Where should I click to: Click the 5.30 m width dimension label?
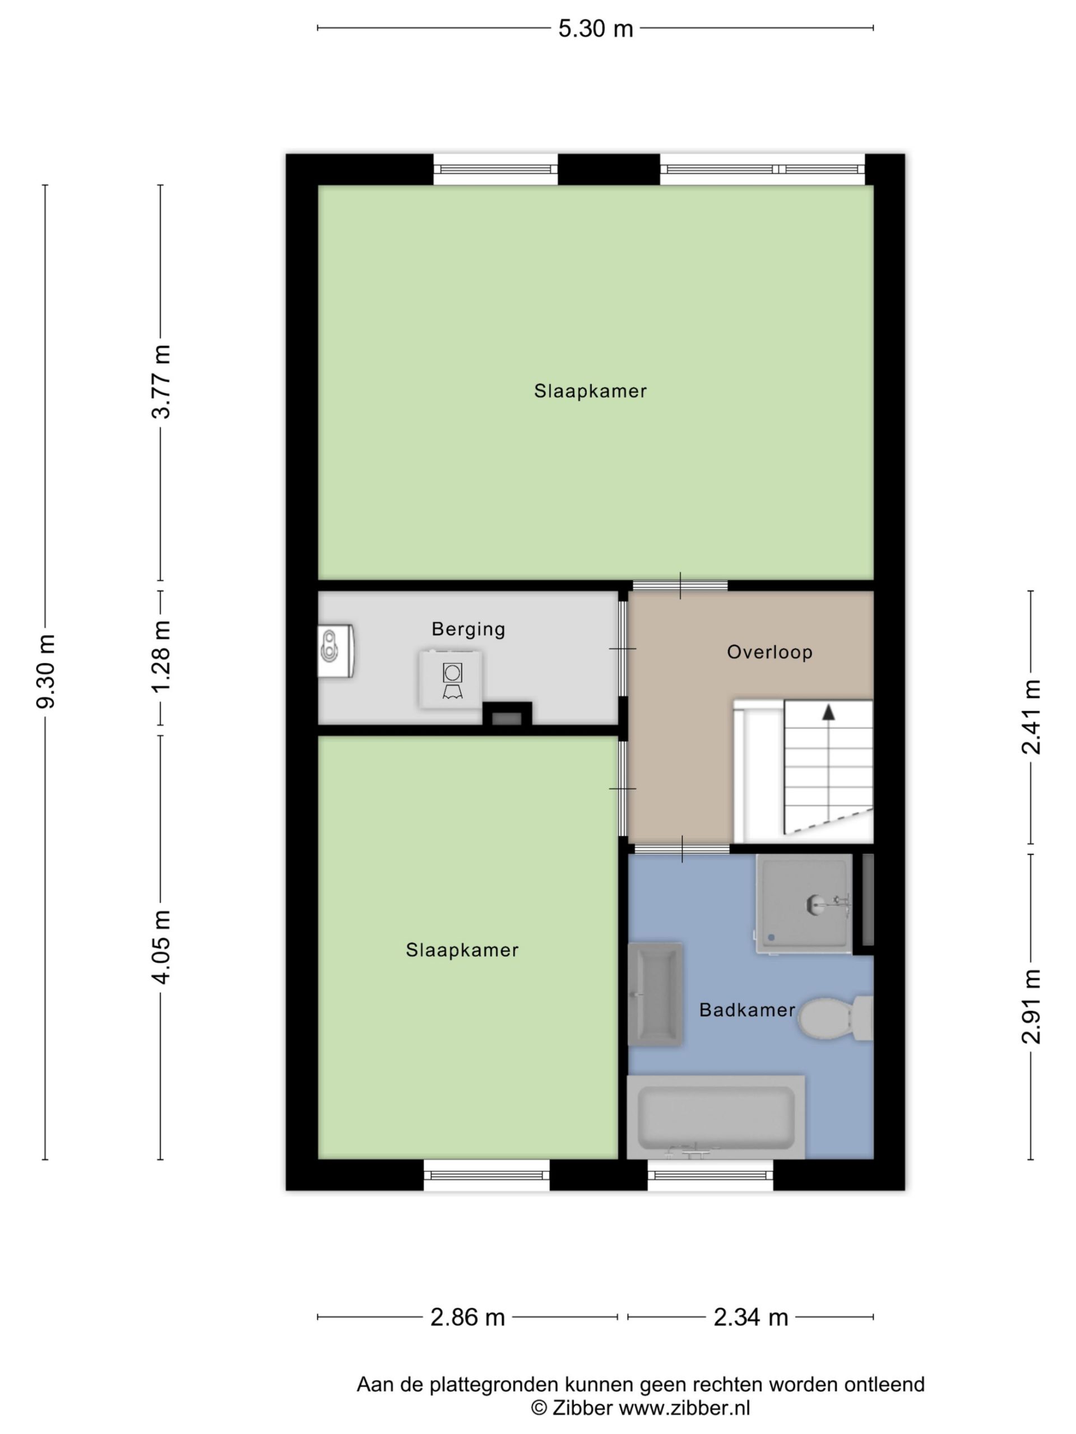click(595, 29)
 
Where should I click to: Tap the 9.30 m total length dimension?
click(46, 671)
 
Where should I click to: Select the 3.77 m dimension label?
click(161, 382)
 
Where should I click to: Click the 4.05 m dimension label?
click(161, 947)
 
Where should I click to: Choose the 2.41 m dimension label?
click(1031, 717)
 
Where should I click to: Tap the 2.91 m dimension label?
click(1031, 1006)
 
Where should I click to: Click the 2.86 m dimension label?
click(467, 1317)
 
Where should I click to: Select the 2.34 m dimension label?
click(750, 1317)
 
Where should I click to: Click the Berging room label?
click(469, 629)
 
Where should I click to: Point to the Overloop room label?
click(769, 651)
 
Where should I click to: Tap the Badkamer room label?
click(747, 1009)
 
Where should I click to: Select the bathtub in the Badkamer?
click(716, 1117)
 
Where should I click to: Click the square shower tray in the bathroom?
click(804, 904)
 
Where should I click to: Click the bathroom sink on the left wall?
click(655, 994)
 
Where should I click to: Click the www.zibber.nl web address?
click(684, 1408)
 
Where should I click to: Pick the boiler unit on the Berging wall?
click(335, 651)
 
